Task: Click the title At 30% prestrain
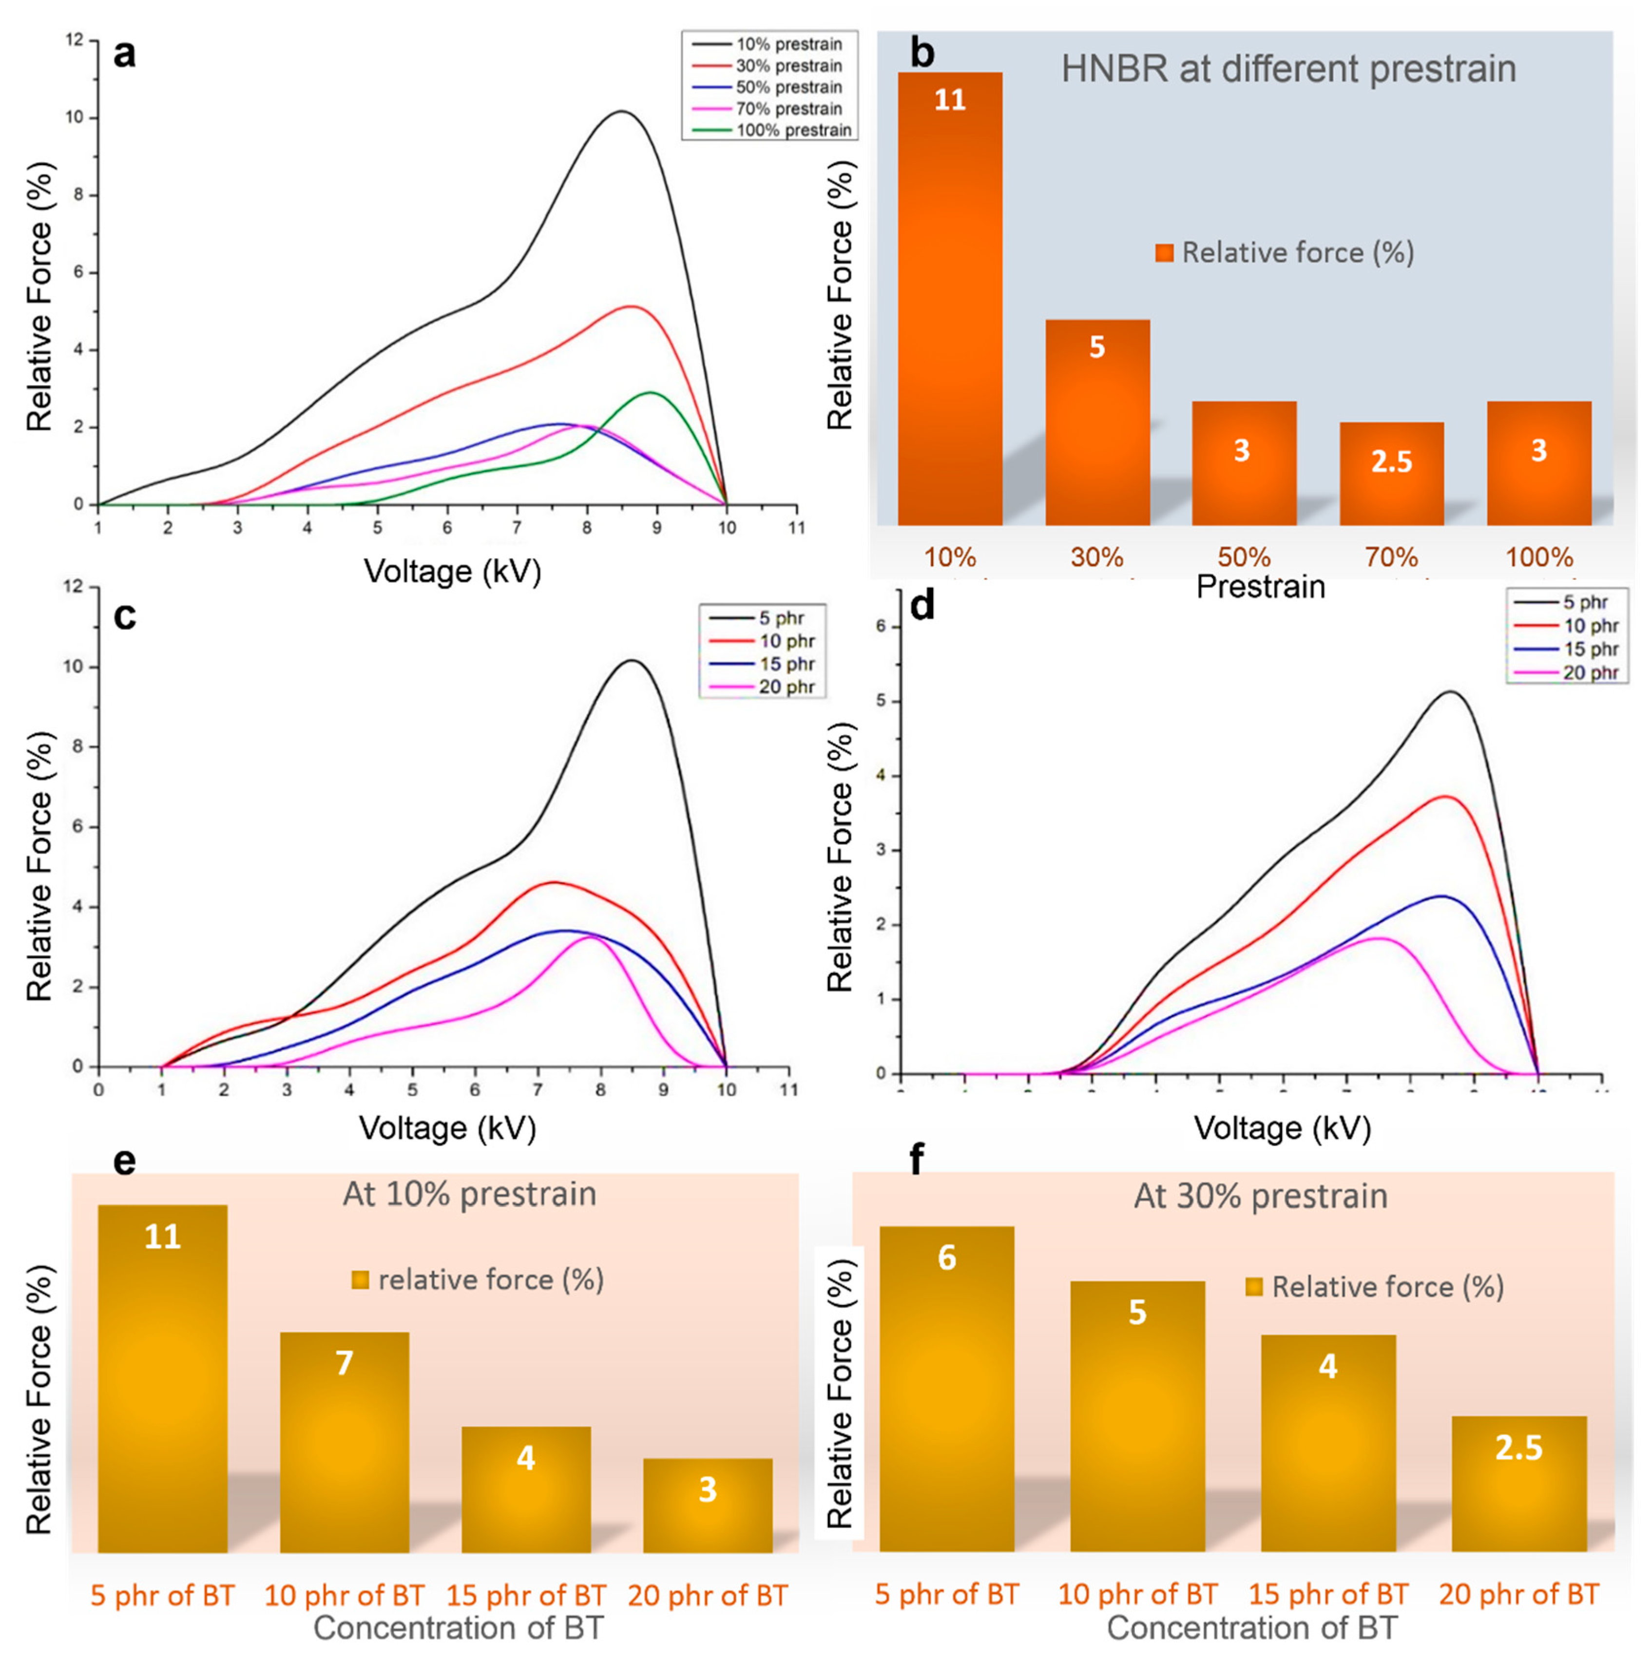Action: click(1261, 1196)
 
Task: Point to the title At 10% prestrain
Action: click(469, 1194)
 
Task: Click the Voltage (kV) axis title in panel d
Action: click(1282, 1128)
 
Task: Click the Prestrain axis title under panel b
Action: click(1261, 587)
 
